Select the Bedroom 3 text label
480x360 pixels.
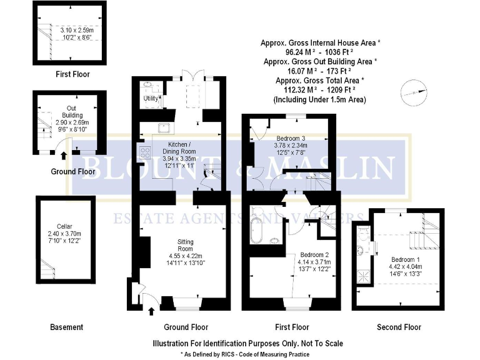(x=291, y=138)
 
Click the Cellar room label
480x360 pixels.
(x=64, y=227)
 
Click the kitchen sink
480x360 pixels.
(x=166, y=129)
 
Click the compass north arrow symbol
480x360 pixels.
(x=409, y=92)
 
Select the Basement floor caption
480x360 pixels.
(x=66, y=327)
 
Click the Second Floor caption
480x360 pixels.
(x=399, y=327)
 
